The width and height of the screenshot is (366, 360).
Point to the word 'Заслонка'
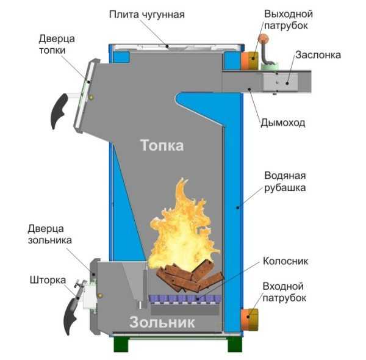click(x=318, y=55)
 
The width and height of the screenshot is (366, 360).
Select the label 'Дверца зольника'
click(x=50, y=234)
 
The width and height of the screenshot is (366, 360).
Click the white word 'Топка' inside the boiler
click(x=162, y=146)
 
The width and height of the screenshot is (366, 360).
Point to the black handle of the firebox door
click(x=59, y=110)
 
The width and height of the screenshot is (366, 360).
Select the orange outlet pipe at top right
click(x=248, y=60)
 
